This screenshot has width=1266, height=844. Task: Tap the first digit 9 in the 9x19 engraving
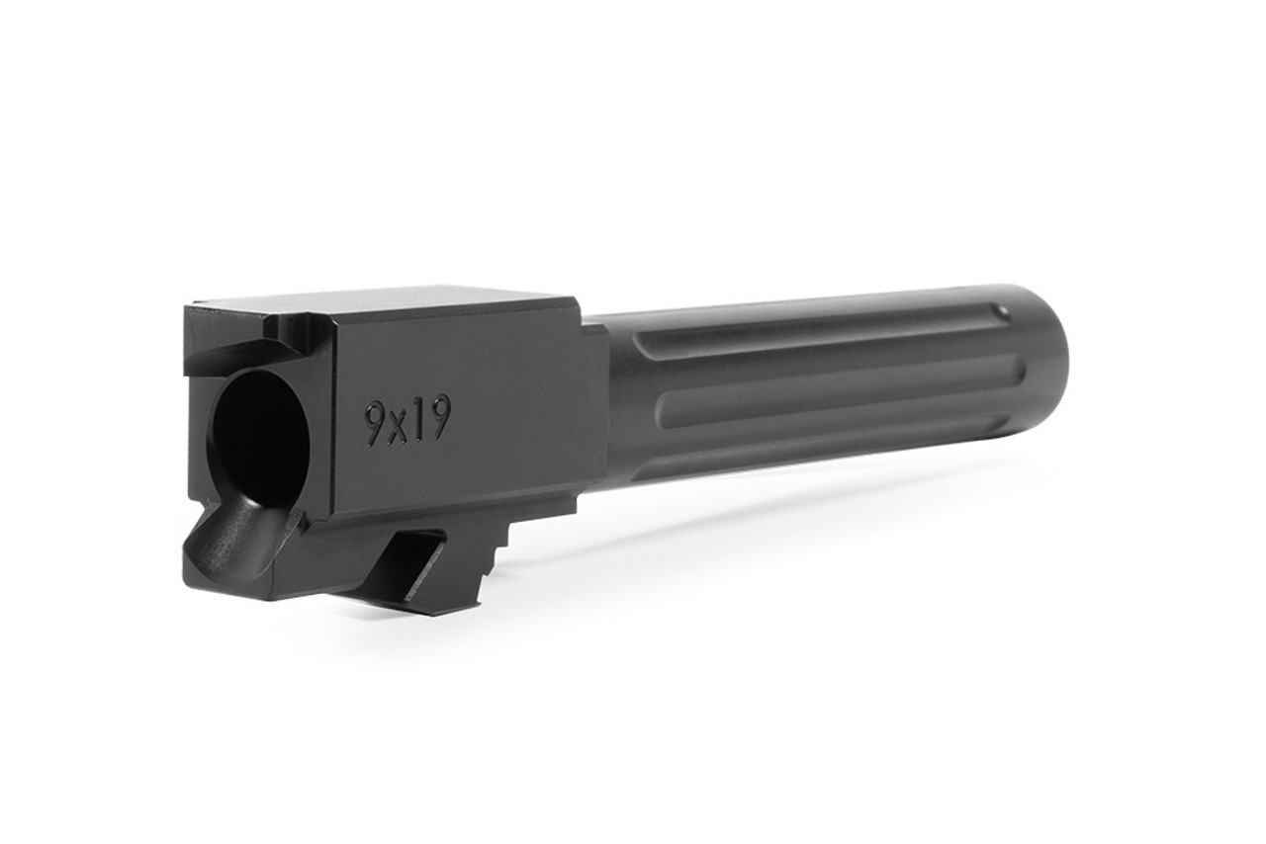[x=376, y=425]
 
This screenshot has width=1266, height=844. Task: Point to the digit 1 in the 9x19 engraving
[x=417, y=419]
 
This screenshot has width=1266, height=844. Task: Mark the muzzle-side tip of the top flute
[x=1001, y=310]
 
